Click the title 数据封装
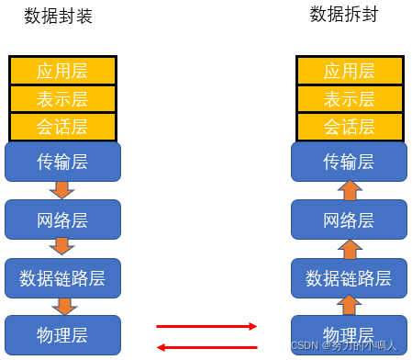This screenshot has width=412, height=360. coord(58,17)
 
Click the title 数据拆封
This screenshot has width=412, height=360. coord(343,14)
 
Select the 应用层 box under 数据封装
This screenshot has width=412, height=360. coord(62,71)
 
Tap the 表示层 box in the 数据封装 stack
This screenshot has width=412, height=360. coord(62,98)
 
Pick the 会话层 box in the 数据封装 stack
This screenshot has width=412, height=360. coord(62,126)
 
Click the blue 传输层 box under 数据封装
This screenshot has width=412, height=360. coord(62,162)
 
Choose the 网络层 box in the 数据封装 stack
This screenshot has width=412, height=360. coord(62,219)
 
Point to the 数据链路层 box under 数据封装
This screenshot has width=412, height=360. coord(62,276)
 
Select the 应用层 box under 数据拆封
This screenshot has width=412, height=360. coord(350,71)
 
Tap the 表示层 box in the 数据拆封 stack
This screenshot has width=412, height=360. coord(350,98)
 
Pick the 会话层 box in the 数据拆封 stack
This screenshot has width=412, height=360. coord(350,126)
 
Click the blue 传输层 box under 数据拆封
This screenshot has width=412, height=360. coord(350,162)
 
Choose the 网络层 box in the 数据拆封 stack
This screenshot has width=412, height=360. coord(350,219)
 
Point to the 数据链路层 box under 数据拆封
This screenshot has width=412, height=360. coord(350,276)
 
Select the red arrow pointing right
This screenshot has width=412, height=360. coord(206,325)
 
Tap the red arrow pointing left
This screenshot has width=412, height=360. coord(206,346)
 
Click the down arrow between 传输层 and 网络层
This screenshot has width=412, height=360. coord(62,190)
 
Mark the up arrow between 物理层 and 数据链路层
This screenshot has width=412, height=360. coord(350,305)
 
